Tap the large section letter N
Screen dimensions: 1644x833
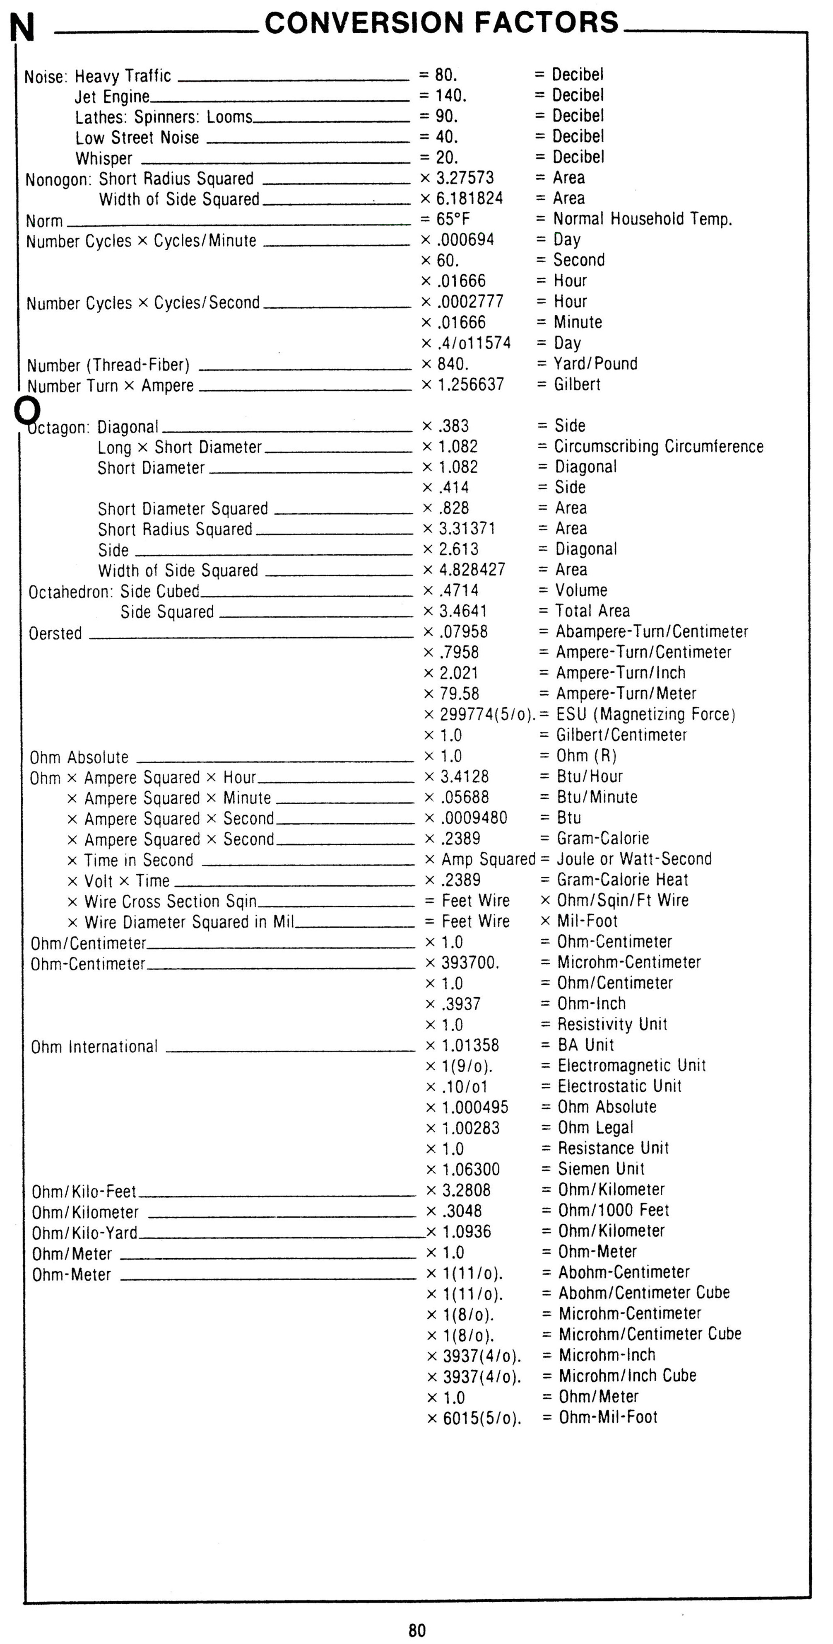(22, 29)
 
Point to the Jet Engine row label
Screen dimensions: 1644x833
(112, 97)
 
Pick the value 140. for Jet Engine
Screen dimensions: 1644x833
(450, 96)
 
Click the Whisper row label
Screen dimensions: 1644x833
(104, 158)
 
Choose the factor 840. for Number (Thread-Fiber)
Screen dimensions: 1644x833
(453, 364)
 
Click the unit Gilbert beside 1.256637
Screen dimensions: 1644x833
(577, 384)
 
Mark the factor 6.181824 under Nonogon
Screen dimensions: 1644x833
(469, 198)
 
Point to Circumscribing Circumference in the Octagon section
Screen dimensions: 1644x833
(659, 447)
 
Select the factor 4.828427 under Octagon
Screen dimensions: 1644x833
(472, 569)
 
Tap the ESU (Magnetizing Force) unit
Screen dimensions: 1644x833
(645, 714)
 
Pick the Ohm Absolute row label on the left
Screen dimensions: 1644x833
(79, 757)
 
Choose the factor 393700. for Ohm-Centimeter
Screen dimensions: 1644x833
(470, 962)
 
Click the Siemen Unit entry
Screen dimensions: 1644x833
(602, 1168)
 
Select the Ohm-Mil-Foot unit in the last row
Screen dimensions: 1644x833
(608, 1417)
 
